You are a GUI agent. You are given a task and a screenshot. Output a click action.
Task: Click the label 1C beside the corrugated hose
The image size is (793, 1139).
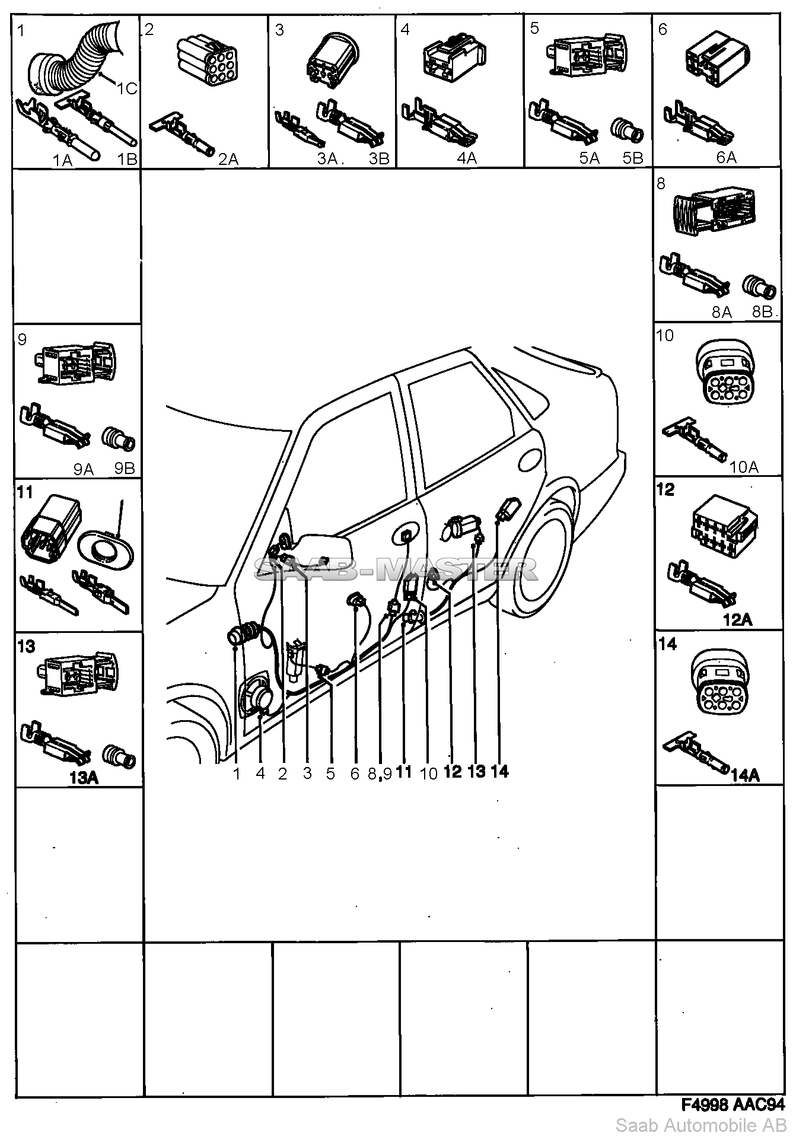[126, 88]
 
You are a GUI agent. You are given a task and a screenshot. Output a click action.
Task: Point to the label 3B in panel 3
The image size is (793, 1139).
[378, 158]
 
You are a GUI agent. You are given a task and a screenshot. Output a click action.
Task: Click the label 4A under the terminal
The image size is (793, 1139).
[467, 158]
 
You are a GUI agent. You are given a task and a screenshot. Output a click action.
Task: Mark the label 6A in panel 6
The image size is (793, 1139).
[726, 157]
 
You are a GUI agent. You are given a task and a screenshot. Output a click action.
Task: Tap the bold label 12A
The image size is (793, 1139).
[737, 620]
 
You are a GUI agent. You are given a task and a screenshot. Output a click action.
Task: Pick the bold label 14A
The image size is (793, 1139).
[746, 775]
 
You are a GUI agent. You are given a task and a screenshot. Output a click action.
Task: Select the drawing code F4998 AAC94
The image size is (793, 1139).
[733, 1105]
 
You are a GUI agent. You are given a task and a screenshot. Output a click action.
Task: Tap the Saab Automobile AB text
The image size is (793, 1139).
[703, 1125]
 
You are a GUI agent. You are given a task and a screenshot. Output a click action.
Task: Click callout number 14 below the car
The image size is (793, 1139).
[499, 771]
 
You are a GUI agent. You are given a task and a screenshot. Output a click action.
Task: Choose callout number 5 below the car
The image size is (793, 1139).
[330, 773]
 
